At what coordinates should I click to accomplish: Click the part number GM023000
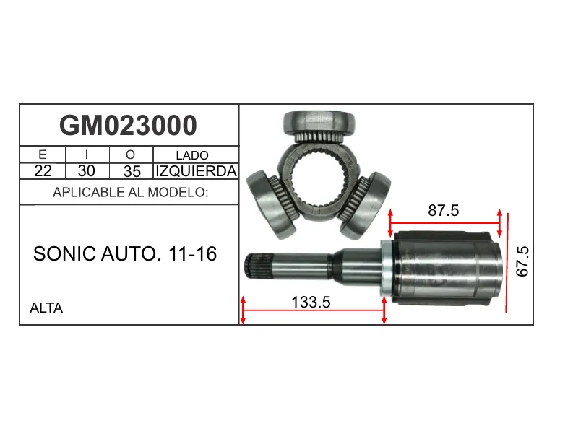(128, 126)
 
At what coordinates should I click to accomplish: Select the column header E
(42, 155)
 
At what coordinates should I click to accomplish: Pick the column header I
(87, 155)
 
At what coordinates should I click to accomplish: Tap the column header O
(130, 155)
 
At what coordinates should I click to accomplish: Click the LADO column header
(192, 155)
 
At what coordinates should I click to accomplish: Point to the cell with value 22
(43, 171)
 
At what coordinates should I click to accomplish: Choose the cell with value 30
(86, 171)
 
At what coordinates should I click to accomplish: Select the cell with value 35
(132, 171)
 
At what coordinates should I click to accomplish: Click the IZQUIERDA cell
(197, 171)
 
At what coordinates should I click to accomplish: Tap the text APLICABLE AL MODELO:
(131, 192)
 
